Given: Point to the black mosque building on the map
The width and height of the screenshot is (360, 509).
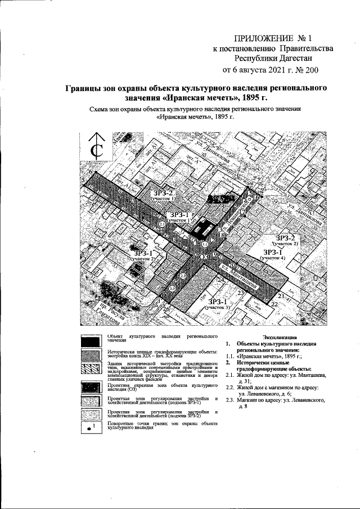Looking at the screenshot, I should [200, 228].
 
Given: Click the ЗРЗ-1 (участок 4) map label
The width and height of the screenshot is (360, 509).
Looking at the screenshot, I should [273, 254].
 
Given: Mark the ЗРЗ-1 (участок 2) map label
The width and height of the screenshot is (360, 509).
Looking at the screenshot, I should [143, 255].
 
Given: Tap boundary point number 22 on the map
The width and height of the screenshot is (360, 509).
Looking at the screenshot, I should [274, 304].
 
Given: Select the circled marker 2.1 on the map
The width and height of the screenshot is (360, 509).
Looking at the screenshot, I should [162, 224].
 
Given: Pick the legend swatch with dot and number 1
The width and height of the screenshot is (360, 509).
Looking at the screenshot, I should [91, 425].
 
